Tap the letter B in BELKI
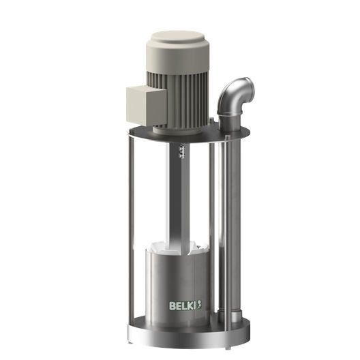tap(172, 305)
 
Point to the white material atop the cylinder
tap(179, 246)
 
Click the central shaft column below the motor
tap(179, 198)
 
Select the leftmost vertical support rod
tap(128, 232)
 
